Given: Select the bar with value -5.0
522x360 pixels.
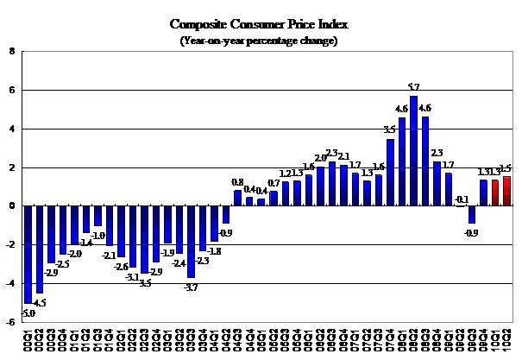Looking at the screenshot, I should [x=28, y=254].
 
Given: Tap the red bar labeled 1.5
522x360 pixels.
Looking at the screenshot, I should [x=506, y=191].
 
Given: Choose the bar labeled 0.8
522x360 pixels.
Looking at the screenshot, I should [x=238, y=198].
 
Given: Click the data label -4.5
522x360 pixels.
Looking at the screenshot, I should [x=41, y=303].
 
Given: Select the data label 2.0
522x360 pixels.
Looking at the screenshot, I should [x=321, y=158].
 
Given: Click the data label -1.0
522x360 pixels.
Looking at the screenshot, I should [x=98, y=235].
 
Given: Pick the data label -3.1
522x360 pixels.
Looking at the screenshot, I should [x=133, y=276].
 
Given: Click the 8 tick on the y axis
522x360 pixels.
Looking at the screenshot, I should [x=11, y=51].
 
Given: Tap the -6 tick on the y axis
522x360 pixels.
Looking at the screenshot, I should [x=9, y=322].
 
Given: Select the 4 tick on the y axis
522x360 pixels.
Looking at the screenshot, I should [x=11, y=129].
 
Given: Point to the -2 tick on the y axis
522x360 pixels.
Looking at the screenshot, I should [x=9, y=244].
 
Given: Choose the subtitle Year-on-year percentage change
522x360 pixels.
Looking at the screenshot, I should [x=259, y=40].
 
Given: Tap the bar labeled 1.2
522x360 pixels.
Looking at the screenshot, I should [x=286, y=194].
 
